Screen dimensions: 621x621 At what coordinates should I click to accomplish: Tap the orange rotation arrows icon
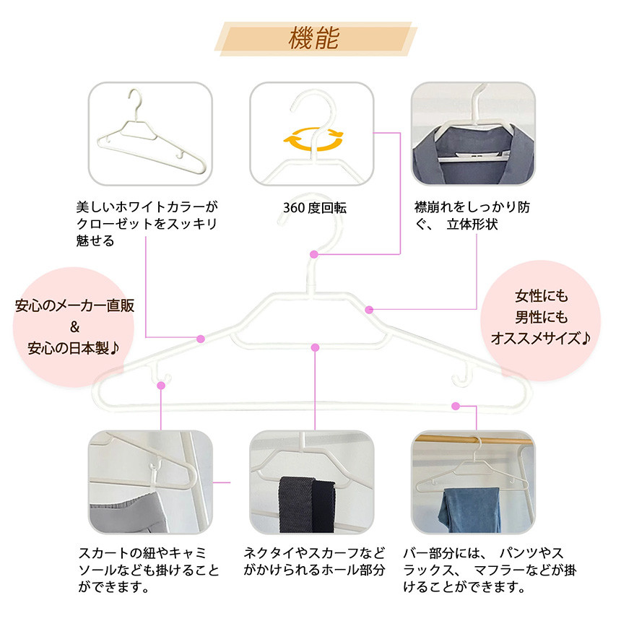pyautogui.click(x=313, y=139)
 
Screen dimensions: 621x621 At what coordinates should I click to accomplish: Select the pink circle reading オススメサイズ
pyautogui.click(x=541, y=317)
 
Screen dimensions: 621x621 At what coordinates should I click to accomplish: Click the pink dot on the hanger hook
pyautogui.click(x=313, y=254)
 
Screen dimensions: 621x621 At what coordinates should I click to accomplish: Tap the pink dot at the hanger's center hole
pyautogui.click(x=315, y=348)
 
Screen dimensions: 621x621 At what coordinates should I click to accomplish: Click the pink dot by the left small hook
pyautogui.click(x=160, y=386)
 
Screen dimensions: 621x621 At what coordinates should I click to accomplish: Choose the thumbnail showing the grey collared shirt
pyautogui.click(x=472, y=134)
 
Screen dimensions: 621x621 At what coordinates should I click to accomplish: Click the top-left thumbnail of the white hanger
pyautogui.click(x=150, y=134)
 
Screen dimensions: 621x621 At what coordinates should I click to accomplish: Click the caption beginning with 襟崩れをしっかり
pyautogui.click(x=472, y=216)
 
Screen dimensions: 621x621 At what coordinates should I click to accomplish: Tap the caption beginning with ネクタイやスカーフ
pyautogui.click(x=315, y=562)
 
